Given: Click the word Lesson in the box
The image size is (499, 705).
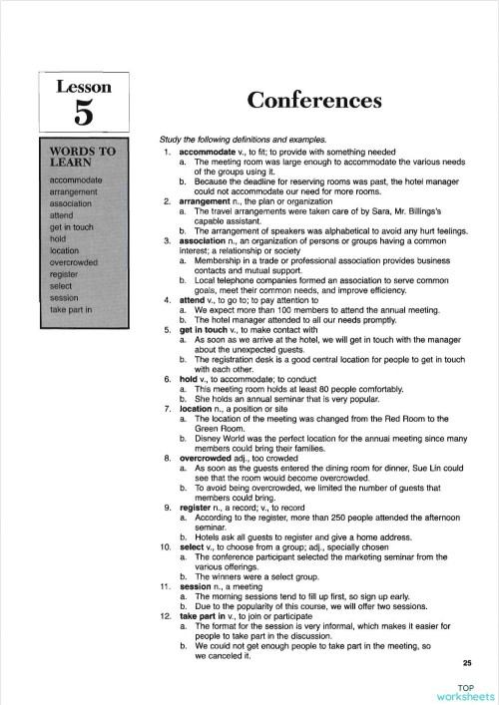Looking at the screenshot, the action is pyautogui.click(x=84, y=86).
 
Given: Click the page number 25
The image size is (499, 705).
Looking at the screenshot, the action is pyautogui.click(x=467, y=664).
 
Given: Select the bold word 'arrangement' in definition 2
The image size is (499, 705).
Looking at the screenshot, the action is pyautogui.click(x=205, y=201).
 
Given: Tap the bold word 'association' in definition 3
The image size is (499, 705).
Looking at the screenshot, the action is pyautogui.click(x=204, y=240).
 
